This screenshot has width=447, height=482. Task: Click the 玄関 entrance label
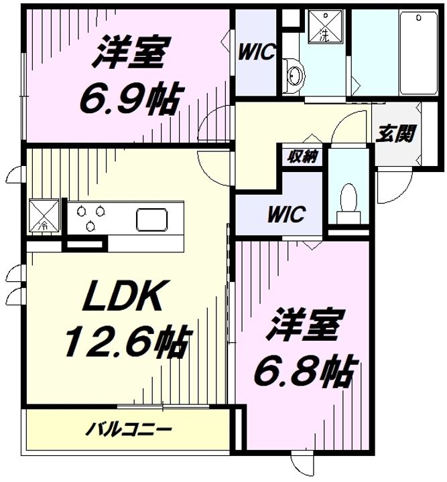[395, 134]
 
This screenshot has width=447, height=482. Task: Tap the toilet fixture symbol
[348, 204]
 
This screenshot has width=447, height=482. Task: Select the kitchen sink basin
[152, 220]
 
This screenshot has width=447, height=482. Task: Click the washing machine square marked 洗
[326, 27]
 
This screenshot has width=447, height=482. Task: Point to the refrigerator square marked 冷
[44, 216]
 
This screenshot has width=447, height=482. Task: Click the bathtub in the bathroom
[418, 53]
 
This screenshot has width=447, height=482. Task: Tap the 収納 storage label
[302, 157]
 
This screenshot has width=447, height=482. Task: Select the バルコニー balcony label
[128, 429]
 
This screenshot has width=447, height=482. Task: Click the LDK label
[122, 295]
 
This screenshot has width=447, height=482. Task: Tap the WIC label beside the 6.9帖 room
[256, 52]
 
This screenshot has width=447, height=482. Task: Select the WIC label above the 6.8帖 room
[286, 214]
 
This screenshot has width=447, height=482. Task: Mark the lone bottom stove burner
[90, 226]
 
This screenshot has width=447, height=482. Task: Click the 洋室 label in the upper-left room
[131, 52]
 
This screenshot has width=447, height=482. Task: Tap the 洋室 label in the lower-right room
[304, 325]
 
